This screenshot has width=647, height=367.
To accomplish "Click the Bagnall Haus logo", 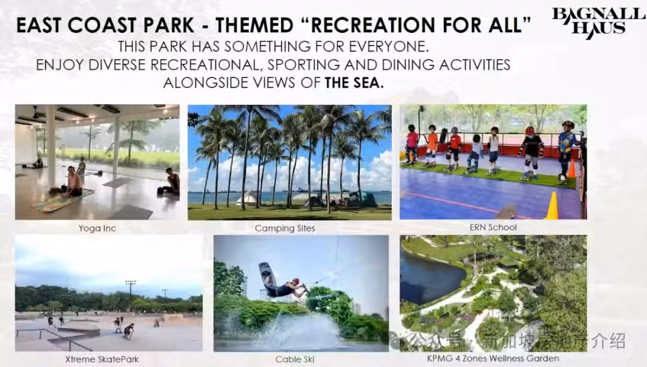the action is click(598, 23).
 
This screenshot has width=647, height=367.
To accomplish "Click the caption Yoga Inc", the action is click(98, 228).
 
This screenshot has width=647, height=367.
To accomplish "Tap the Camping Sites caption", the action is click(285, 228).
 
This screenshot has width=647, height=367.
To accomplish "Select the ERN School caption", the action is click(493, 227).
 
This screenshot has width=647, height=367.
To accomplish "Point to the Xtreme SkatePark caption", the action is click(102, 359).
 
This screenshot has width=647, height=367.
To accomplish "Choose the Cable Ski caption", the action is click(295, 359).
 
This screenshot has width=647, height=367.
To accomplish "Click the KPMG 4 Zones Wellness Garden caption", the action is click(493, 359).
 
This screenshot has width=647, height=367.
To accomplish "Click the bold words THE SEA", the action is click(354, 83).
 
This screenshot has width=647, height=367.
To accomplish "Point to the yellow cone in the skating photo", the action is click(552, 206).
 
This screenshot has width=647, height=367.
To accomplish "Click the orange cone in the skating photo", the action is click(572, 169).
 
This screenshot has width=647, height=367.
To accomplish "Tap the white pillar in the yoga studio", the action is click(51, 146).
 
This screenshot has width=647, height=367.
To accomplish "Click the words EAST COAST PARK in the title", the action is click(105, 25).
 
